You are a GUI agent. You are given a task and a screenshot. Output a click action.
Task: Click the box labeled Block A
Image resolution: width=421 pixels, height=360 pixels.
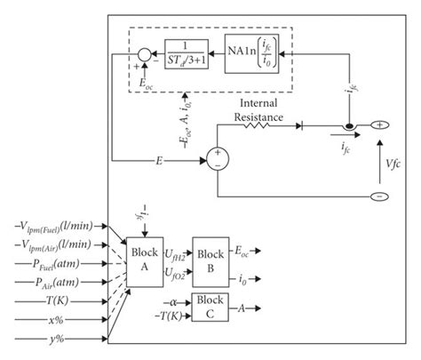pos(143,258)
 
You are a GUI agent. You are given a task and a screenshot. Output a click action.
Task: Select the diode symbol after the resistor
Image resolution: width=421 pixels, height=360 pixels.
pos(307,125)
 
